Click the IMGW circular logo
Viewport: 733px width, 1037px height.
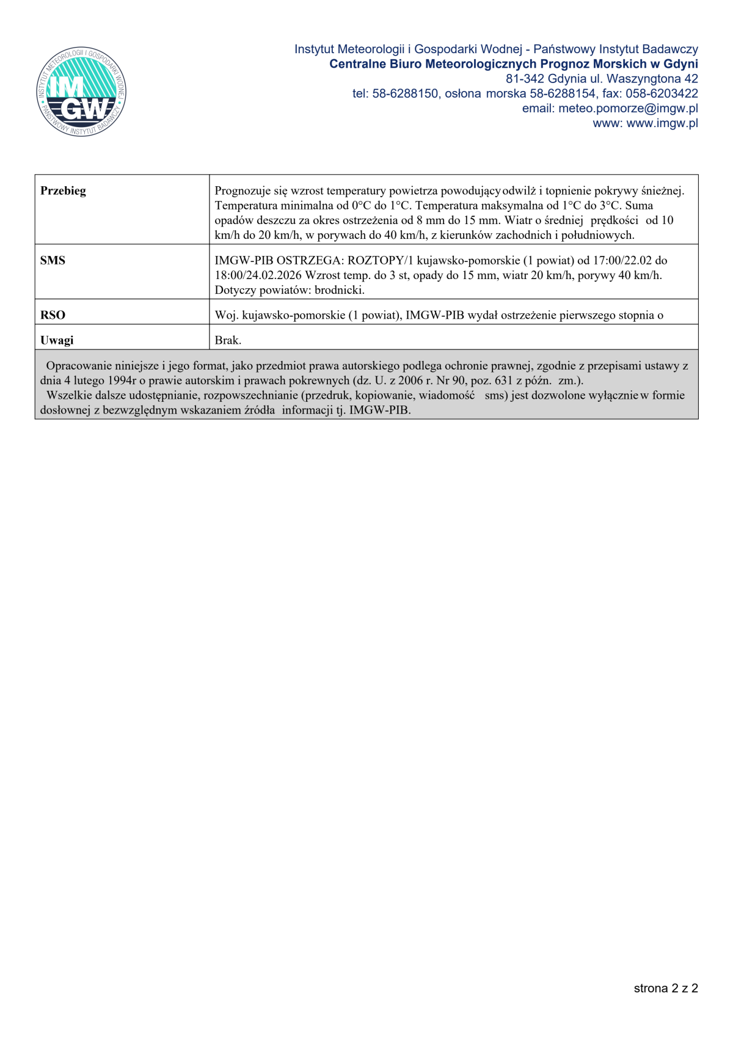[81, 92]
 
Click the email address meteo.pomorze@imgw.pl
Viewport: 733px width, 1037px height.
[628, 109]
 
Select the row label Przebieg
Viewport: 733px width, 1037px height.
[63, 191]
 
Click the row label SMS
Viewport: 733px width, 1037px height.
[53, 260]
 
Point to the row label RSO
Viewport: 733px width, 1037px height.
[53, 315]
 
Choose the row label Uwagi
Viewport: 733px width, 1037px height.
[57, 340]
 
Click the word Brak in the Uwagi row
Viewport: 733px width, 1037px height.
[227, 340]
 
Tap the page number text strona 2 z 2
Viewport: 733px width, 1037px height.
[666, 988]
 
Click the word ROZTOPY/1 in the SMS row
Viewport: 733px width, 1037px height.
[381, 260]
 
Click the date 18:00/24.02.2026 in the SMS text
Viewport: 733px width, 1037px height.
[258, 275]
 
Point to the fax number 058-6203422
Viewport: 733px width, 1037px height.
[662, 94]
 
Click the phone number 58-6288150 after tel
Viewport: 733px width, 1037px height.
[405, 94]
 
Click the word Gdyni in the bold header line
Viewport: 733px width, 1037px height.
[680, 64]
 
